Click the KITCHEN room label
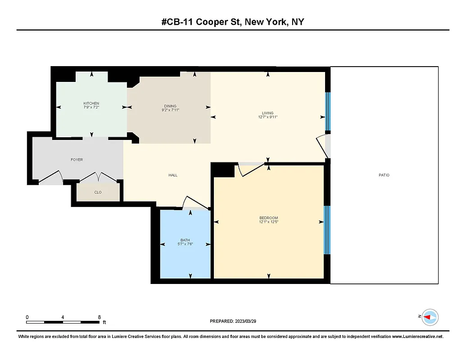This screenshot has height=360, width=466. click(91, 103)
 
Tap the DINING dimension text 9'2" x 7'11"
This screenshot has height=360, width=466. click(171, 110)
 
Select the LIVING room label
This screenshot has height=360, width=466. click(268, 113)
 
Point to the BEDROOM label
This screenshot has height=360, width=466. click(268, 218)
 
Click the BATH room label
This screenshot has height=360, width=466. click(185, 240)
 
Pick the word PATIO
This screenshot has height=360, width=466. click(384, 175)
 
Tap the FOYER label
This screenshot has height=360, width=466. click(77, 160)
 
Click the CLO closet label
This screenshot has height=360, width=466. click(98, 192)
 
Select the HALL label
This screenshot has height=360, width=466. click(173, 175)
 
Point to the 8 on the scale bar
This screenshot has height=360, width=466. click(99, 317)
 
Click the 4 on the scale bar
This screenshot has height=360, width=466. click(63, 317)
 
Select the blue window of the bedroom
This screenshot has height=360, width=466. click(327, 229)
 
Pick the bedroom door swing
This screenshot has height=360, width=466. click(250, 170)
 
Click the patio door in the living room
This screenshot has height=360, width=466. click(322, 146)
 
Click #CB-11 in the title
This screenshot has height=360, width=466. click(179, 22)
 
